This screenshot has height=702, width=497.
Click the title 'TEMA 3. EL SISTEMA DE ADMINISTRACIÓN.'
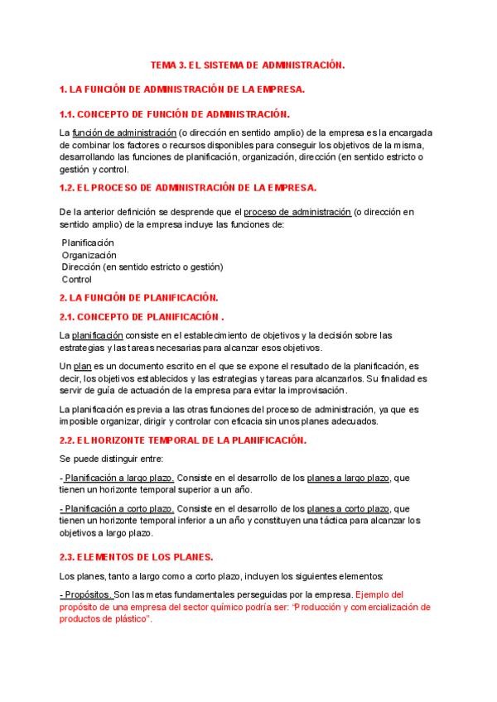pyautogui.click(x=247, y=64)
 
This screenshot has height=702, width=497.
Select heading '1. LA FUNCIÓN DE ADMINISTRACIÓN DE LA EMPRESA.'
pyautogui.click(x=182, y=89)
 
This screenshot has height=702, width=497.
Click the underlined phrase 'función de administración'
pyautogui.click(x=124, y=132)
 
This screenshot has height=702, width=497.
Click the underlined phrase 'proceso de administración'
pyautogui.click(x=297, y=212)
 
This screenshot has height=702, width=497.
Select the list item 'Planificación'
pyautogui.click(x=88, y=243)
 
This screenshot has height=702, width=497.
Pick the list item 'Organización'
pyautogui.click(x=89, y=255)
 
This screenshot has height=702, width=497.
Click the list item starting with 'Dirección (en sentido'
pyautogui.click(x=142, y=267)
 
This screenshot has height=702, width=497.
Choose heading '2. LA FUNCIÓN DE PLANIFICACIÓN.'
pyautogui.click(x=138, y=297)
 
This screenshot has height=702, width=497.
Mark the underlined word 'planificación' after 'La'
pyautogui.click(x=98, y=334)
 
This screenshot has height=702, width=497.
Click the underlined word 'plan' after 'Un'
pyautogui.click(x=81, y=366)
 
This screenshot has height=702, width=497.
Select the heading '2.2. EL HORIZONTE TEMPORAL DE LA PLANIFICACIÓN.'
pyautogui.click(x=183, y=440)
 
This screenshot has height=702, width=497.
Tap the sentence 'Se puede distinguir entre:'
pyautogui.click(x=111, y=459)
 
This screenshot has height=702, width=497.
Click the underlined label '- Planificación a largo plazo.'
pyautogui.click(x=117, y=478)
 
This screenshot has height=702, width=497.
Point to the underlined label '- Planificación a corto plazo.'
pyautogui.click(x=117, y=508)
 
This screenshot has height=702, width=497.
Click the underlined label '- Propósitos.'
pyautogui.click(x=86, y=595)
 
